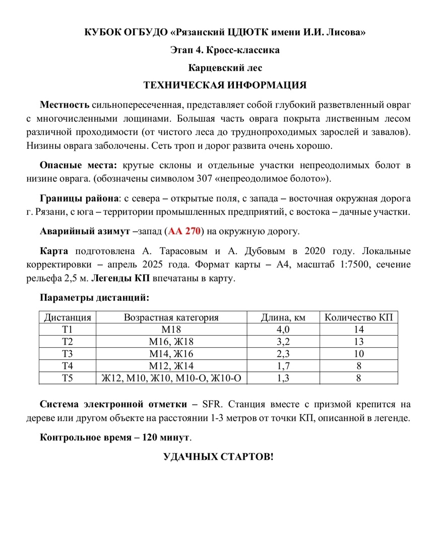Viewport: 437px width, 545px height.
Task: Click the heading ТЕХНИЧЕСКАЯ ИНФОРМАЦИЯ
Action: point(225,85)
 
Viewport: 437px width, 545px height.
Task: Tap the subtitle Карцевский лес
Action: point(225,67)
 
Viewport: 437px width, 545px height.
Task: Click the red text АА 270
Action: point(185,232)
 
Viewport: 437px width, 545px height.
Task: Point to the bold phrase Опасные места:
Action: point(79,165)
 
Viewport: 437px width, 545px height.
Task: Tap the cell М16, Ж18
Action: point(171,342)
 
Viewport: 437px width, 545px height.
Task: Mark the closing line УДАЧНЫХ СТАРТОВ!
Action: point(218,457)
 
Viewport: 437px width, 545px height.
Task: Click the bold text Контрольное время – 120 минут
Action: point(115,437)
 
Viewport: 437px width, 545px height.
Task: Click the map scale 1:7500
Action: point(341,264)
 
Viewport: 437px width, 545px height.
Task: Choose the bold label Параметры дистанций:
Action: point(94,297)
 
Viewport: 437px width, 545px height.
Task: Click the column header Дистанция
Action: point(68,317)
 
